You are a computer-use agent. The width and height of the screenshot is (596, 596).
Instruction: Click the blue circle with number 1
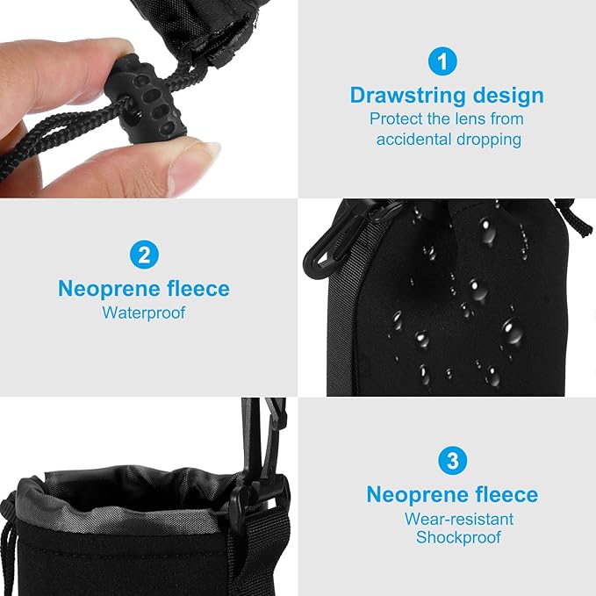coord(443,61)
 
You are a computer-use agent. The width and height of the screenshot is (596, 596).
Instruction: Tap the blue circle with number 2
coord(144,255)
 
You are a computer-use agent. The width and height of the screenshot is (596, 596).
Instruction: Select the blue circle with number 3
coord(451,461)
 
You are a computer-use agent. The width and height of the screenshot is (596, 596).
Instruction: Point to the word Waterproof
coord(144,312)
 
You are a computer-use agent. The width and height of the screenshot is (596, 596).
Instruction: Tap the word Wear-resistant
coord(459,518)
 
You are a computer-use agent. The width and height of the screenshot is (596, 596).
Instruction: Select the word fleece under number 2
coord(198,289)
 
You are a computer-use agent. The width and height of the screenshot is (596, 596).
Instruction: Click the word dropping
coord(488,140)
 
